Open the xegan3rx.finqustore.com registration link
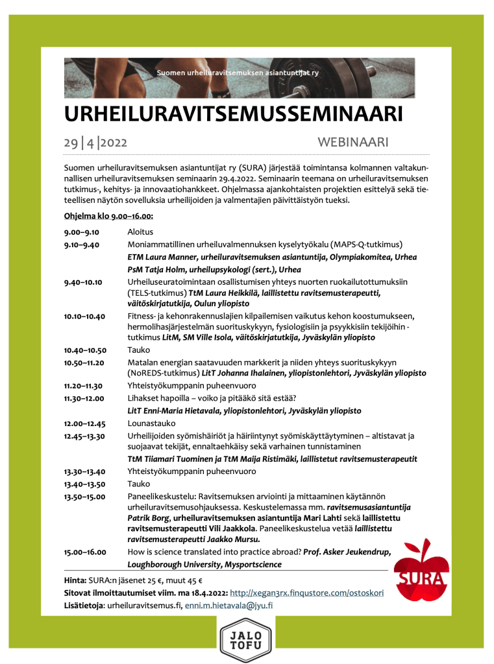307,593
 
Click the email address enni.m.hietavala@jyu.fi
228,605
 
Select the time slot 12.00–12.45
84,423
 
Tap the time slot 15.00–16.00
85,552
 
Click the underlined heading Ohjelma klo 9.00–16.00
108,215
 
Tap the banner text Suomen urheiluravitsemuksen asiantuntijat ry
238,73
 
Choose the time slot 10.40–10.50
85,350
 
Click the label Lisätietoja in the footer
84,605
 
